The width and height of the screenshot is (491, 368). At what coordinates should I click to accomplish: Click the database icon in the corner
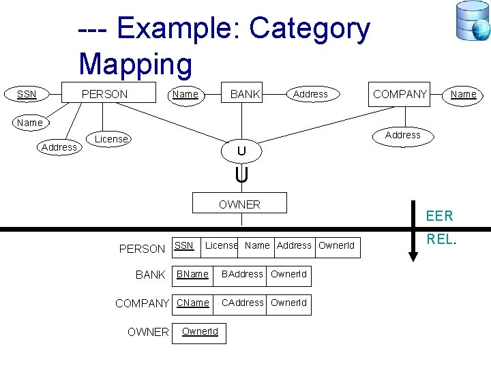pos(473,20)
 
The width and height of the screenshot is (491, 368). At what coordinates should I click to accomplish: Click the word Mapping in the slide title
pos(136,64)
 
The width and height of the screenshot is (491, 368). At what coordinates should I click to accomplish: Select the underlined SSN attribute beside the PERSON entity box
pos(27,94)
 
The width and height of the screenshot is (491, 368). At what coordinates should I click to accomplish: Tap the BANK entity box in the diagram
pos(245,94)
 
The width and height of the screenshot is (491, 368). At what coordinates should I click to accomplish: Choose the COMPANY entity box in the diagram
pos(400,94)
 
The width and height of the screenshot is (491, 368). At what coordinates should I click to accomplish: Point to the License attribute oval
pos(111,139)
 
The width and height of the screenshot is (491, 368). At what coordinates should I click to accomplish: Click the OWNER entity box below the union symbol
pos(239,204)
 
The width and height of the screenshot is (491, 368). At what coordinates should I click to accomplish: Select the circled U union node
pos(241,150)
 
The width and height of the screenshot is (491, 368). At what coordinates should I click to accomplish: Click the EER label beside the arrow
pos(439,216)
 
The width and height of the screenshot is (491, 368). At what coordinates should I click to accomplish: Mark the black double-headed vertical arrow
pos(413,230)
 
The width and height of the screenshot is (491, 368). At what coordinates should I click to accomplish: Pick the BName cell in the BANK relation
pos(193,274)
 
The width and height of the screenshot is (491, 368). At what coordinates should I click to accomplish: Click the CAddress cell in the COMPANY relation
pos(242,303)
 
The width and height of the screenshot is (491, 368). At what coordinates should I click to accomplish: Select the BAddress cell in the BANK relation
pos(242,274)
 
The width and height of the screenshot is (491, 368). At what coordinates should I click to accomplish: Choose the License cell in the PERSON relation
pos(221,245)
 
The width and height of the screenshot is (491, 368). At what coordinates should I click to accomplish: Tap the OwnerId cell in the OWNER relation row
pos(200,332)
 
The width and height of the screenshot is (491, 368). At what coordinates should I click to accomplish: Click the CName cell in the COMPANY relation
pos(193,303)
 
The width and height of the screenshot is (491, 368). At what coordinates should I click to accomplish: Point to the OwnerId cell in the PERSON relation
pos(336,245)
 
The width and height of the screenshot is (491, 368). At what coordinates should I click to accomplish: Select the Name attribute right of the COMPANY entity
pos(464,94)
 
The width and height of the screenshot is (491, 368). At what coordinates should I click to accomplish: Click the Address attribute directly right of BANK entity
pos(310,94)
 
